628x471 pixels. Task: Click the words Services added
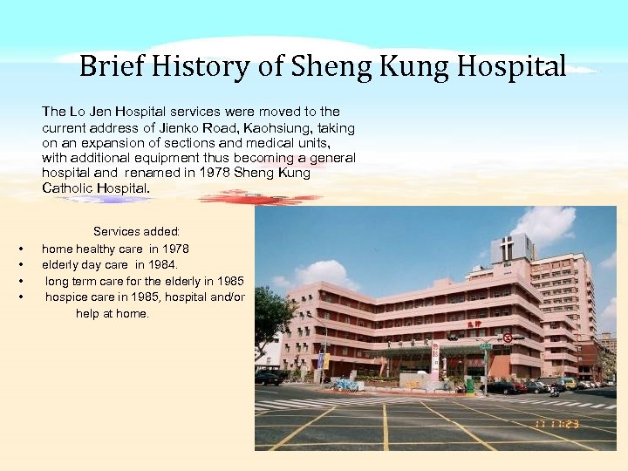(x=136, y=232)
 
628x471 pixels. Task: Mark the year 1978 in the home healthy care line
(x=174, y=249)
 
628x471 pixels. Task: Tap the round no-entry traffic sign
(x=508, y=338)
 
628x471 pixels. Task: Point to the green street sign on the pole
(x=486, y=346)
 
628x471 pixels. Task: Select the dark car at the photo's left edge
(x=269, y=377)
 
